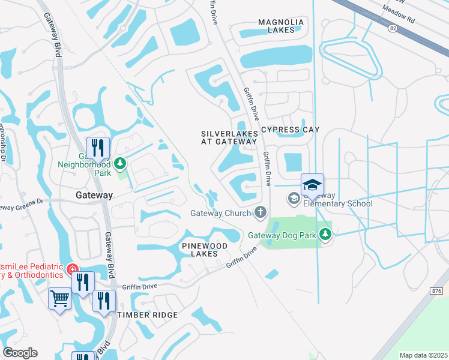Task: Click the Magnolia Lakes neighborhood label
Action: [x=281, y=26]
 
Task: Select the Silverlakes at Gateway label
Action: [x=229, y=137]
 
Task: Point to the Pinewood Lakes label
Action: [x=205, y=250]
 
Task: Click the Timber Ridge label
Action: [x=148, y=315]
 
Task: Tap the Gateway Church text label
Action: [x=220, y=213]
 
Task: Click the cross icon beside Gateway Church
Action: [x=261, y=212]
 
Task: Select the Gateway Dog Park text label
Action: [x=282, y=235]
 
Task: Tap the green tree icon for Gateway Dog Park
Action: [x=325, y=233]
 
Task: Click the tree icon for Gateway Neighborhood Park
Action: [x=120, y=163]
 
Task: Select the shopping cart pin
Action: [x=59, y=298]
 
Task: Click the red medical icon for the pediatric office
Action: [x=72, y=268]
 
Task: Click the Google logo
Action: [x=20, y=353]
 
